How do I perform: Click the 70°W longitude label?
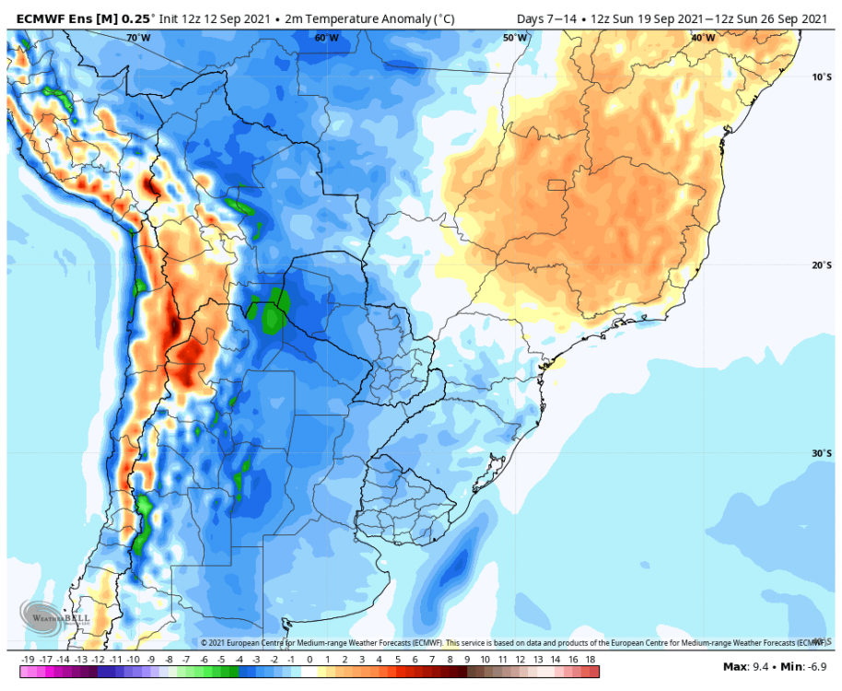click(138, 38)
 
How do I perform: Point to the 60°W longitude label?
click(326, 38)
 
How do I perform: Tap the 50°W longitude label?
click(515, 38)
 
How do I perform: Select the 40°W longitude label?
click(703, 38)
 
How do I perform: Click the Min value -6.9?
click(810, 666)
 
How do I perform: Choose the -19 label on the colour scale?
click(27, 660)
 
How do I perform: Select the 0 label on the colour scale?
click(309, 660)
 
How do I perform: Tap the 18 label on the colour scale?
click(591, 660)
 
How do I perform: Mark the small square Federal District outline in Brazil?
click(555, 185)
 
